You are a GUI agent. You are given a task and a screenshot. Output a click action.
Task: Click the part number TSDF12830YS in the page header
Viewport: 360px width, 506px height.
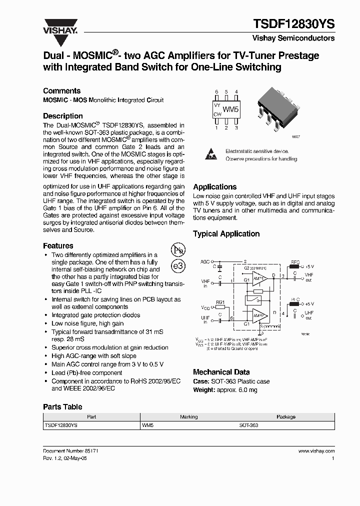pyautogui.click(x=295, y=24)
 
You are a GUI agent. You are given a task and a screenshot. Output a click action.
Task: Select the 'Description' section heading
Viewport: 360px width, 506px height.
pyautogui.click(x=63, y=115)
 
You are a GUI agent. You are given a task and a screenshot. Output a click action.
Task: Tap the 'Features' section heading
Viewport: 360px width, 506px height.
pyautogui.click(x=58, y=245)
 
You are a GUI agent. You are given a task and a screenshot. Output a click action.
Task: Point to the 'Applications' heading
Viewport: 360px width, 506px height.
pyautogui.click(x=215, y=186)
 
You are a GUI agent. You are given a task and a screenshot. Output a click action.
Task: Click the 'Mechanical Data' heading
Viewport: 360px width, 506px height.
pyautogui.click(x=221, y=372)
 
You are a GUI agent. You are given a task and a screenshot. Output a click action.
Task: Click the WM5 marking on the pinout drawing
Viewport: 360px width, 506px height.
pyautogui.click(x=230, y=109)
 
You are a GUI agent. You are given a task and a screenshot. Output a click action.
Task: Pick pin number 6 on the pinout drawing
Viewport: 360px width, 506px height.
pyautogui.click(x=216, y=92)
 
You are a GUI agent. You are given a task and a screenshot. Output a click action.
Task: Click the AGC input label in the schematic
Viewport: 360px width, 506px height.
pyautogui.click(x=205, y=261)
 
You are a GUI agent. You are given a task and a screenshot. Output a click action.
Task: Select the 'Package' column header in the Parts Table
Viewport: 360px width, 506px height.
pyautogui.click(x=286, y=416)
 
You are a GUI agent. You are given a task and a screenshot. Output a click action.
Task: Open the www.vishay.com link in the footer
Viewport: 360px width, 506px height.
pyautogui.click(x=316, y=450)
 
